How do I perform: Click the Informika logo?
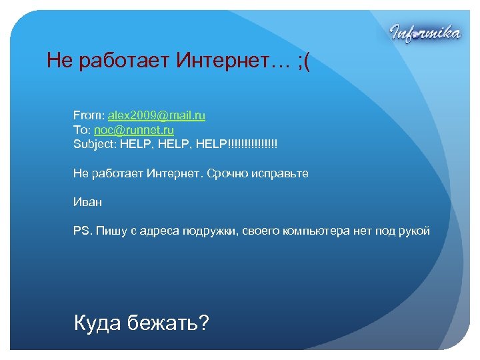(x=424, y=32)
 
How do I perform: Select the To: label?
(x=81, y=130)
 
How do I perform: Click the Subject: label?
(x=95, y=144)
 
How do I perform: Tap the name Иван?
(x=88, y=202)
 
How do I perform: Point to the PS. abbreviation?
(x=83, y=231)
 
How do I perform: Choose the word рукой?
(x=414, y=231)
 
